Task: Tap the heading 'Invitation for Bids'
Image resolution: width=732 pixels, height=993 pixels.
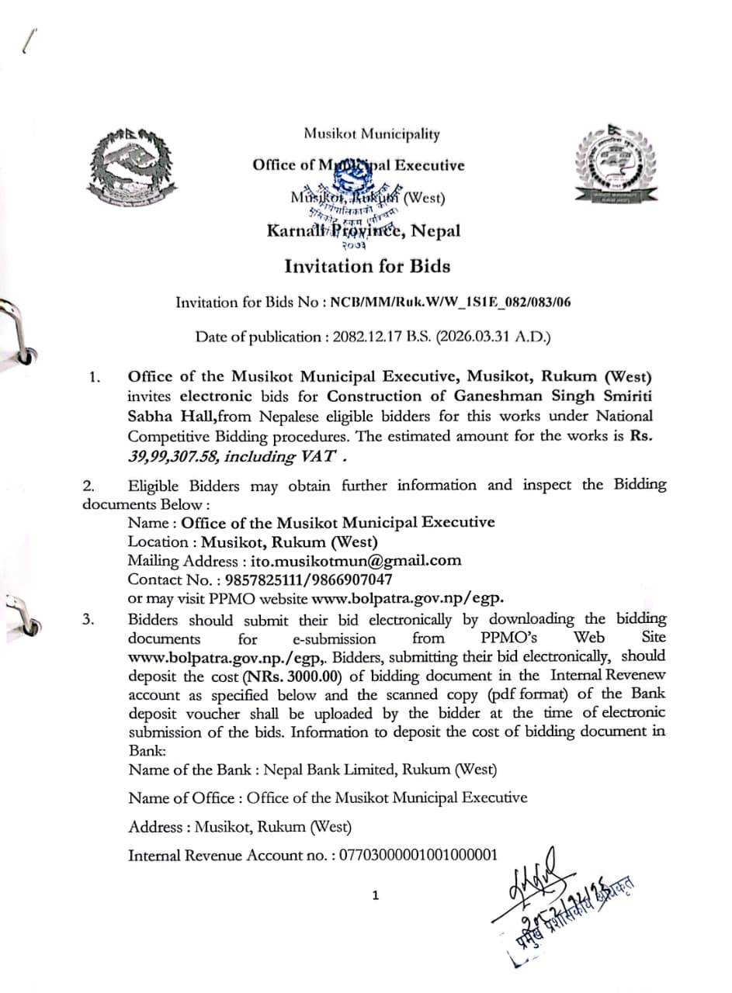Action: coord(367,266)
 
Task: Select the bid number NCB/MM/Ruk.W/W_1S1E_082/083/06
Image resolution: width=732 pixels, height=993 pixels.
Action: coord(451,302)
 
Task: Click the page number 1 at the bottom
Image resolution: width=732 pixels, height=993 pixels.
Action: coord(376,896)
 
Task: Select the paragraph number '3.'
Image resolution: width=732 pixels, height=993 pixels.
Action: coord(91,620)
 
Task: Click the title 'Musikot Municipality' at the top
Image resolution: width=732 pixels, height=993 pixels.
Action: coord(371,134)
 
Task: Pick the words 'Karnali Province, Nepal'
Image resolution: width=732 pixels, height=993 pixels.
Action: coord(363,230)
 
